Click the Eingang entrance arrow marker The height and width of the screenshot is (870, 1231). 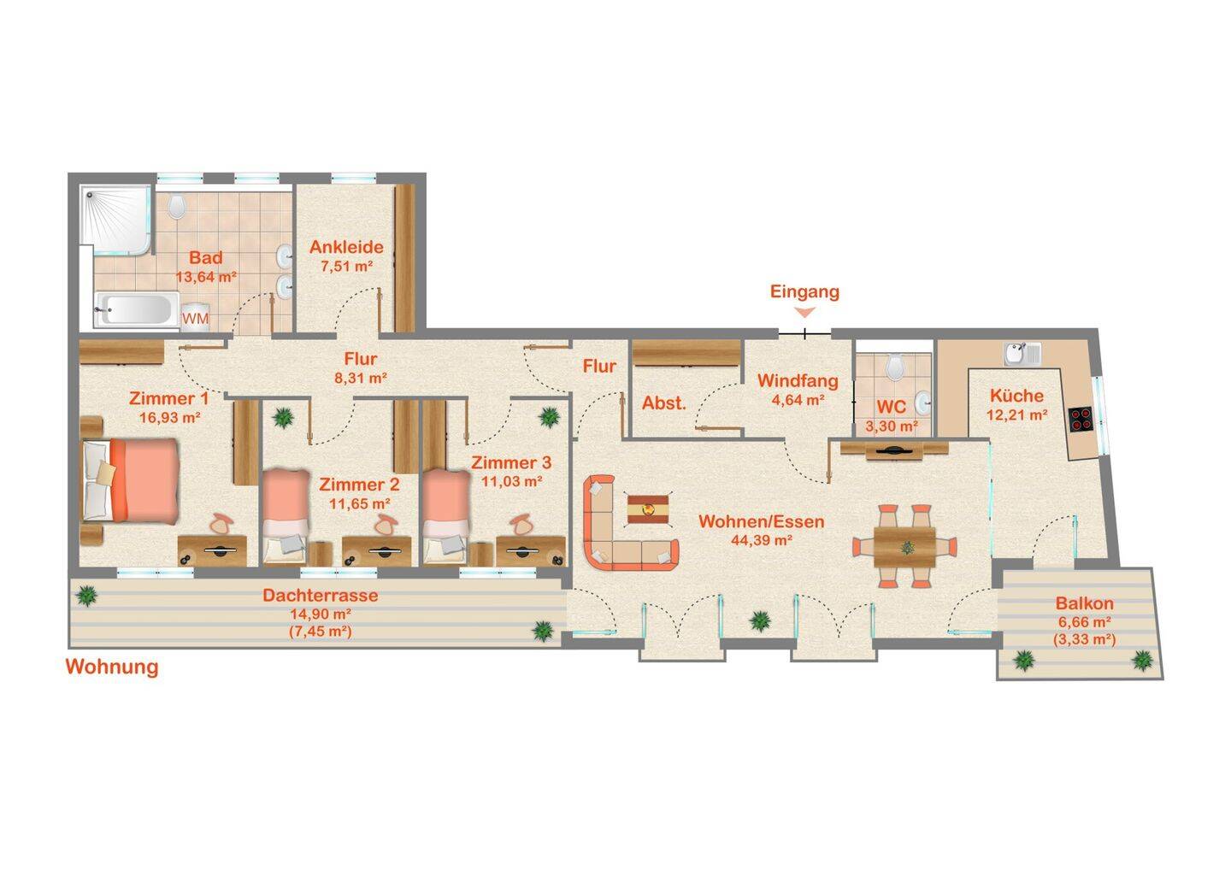tap(805, 313)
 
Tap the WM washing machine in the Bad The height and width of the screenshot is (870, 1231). tap(195, 316)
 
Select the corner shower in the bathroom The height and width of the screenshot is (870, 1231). tap(116, 220)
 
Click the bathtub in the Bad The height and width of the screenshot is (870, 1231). tap(138, 310)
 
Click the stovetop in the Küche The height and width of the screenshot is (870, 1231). tap(1081, 419)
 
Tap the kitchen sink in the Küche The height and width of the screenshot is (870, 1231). tap(1022, 354)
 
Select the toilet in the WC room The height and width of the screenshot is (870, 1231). tap(895, 366)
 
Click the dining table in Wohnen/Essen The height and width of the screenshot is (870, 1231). tap(904, 547)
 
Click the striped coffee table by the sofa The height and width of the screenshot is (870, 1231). tap(649, 508)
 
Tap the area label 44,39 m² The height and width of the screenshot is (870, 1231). tap(761, 540)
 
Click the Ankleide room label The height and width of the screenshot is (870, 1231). tap(346, 247)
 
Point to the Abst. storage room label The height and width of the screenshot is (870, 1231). tap(664, 403)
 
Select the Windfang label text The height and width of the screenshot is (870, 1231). tap(798, 380)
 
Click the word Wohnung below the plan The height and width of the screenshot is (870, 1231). tap(112, 667)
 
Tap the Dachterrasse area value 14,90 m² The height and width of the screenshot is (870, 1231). tap(321, 614)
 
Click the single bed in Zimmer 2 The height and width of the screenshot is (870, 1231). tap(286, 515)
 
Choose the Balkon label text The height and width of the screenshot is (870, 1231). tap(1084, 603)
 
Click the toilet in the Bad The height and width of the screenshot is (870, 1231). tap(176, 206)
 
